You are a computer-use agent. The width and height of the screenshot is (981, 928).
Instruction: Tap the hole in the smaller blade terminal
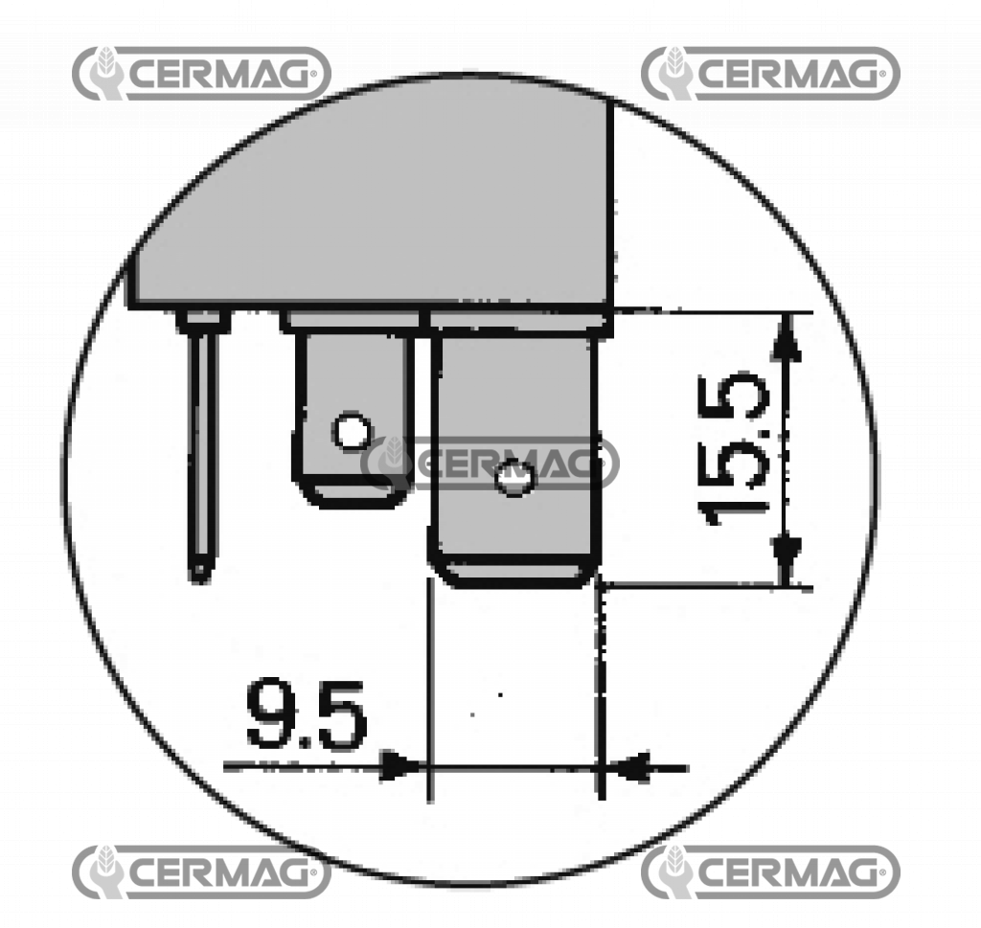click(x=352, y=432)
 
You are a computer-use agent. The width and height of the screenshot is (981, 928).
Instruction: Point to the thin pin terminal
click(x=202, y=450)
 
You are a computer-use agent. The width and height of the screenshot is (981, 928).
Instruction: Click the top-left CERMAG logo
click(x=201, y=73)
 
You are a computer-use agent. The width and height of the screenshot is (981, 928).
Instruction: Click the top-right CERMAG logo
click(x=770, y=73)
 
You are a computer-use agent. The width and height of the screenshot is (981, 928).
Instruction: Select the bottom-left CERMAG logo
click(x=201, y=871)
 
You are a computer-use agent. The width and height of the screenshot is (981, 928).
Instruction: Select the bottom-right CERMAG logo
click(x=770, y=871)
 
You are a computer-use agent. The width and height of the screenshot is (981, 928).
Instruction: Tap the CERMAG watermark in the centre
click(x=490, y=463)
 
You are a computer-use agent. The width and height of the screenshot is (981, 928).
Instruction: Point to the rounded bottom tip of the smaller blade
click(x=352, y=495)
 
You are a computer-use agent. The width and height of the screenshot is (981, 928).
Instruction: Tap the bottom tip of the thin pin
click(x=200, y=573)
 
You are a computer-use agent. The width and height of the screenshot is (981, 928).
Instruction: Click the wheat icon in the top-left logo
click(x=103, y=73)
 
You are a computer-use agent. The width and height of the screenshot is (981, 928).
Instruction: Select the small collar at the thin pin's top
click(x=204, y=320)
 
